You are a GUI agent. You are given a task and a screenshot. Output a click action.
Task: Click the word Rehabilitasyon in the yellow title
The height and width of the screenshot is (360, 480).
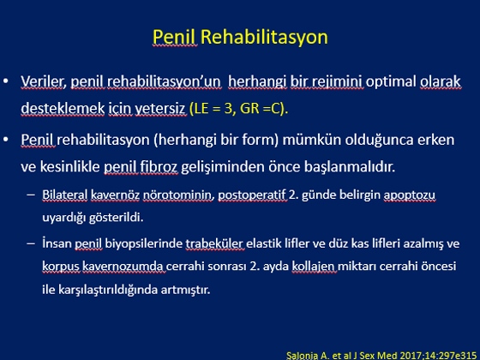point(264,38)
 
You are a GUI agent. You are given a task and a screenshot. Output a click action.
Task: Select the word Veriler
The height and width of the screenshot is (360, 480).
point(42,81)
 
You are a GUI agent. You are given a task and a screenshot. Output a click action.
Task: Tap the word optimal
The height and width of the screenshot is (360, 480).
point(391,82)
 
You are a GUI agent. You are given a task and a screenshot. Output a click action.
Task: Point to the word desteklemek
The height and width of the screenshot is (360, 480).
point(63,108)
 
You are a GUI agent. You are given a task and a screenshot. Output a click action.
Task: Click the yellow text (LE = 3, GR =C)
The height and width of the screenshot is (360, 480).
point(239,109)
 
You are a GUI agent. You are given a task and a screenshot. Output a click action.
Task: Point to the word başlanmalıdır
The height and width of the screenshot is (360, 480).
point(350,167)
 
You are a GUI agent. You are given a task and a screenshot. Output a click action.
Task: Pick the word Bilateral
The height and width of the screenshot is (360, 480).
point(65,195)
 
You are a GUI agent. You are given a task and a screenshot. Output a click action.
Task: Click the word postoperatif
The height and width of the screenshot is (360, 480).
point(252,195)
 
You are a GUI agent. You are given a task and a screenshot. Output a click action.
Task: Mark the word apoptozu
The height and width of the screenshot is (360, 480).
point(410,195)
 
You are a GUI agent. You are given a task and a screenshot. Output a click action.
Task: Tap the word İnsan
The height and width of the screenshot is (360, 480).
point(57,243)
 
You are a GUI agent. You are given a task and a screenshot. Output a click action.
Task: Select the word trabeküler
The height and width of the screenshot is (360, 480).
point(214,243)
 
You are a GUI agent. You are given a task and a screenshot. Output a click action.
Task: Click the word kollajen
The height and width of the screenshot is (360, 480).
point(313,267)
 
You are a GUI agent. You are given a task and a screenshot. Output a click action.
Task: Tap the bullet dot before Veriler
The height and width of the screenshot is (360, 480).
point(6,81)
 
